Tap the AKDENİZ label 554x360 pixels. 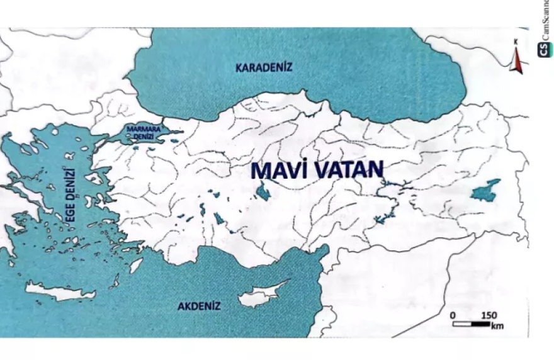tap(199, 307)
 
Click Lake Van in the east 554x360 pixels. tap(486, 190)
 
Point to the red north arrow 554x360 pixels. tap(515, 60)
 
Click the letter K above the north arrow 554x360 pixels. tap(516, 42)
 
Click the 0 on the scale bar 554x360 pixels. tap(453, 314)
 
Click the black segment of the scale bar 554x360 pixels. tap(482, 323)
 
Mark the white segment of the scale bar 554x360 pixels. tap(463, 323)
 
